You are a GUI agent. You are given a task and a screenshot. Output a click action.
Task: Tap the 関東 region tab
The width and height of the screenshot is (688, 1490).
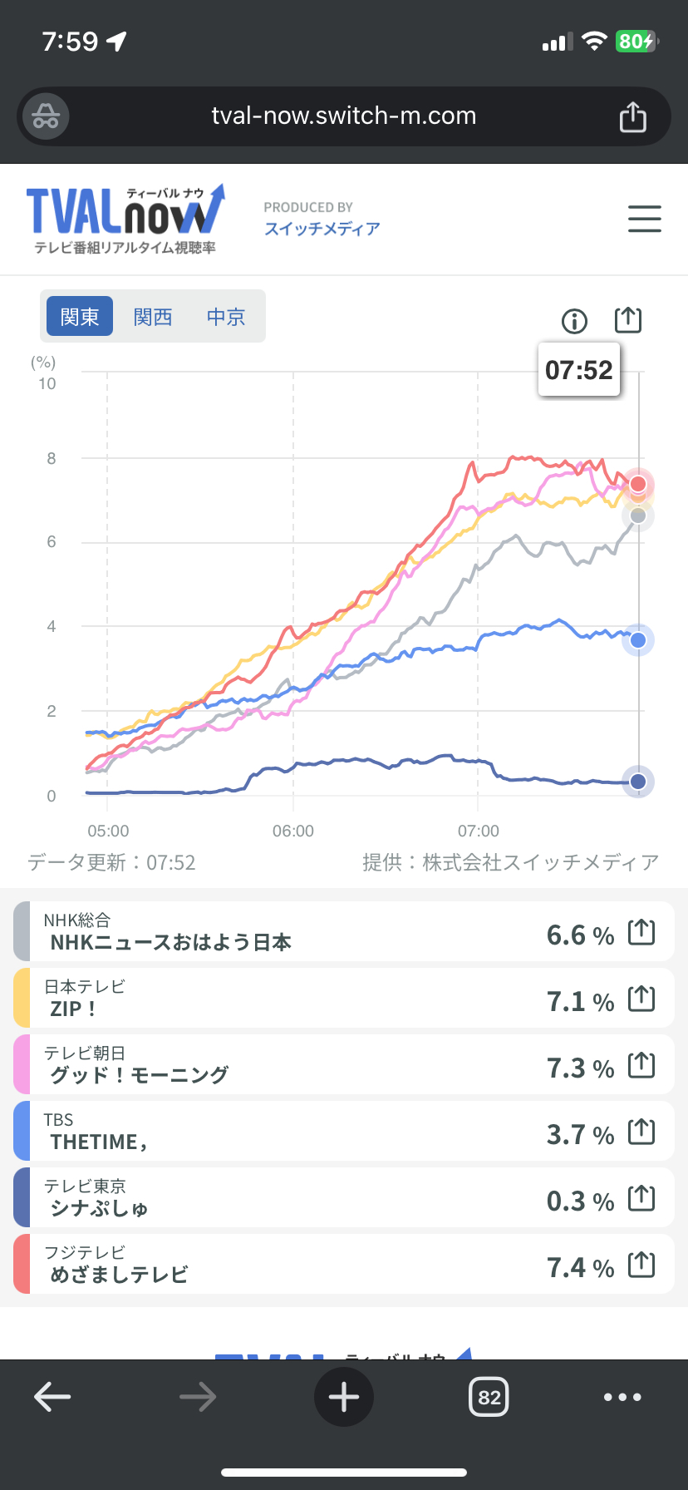[x=80, y=317]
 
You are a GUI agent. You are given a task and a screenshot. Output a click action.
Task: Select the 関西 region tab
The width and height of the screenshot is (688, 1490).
[x=153, y=317]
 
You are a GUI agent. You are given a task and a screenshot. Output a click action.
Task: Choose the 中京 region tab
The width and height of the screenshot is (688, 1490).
[x=226, y=317]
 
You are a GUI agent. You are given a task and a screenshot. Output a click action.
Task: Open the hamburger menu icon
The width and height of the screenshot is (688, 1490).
[x=644, y=219]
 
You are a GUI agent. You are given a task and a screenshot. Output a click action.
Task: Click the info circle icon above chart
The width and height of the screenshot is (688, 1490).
[x=574, y=320]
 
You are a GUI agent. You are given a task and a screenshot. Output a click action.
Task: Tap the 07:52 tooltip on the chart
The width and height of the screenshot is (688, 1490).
[x=579, y=369]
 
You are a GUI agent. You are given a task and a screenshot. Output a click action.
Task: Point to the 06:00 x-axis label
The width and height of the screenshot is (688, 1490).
[x=293, y=831]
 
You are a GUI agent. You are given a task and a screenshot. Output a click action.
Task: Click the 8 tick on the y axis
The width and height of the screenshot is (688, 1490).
[x=52, y=458]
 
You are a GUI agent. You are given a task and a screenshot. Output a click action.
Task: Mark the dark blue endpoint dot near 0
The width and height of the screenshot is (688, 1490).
[x=638, y=782]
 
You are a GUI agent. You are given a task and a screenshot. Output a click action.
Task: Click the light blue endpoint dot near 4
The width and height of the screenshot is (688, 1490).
[x=638, y=640]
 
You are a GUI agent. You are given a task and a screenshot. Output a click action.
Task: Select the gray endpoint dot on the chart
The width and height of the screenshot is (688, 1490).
[x=638, y=516]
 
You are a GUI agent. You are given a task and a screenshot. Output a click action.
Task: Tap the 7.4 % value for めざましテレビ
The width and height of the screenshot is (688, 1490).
[x=580, y=1267]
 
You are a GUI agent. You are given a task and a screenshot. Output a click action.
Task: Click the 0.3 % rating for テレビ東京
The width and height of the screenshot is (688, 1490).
[x=580, y=1201]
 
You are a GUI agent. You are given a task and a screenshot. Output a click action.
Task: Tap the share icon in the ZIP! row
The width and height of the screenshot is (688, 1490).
[x=641, y=999]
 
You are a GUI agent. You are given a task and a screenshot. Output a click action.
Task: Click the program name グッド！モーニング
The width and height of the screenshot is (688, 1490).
[x=140, y=1074]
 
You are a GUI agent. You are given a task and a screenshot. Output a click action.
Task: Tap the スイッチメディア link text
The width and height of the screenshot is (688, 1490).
[x=322, y=229]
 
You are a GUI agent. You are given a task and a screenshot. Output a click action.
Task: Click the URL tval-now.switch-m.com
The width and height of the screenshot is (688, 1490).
[x=344, y=116]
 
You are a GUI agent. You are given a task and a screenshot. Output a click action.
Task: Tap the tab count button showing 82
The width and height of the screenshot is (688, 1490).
[x=489, y=1397]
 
